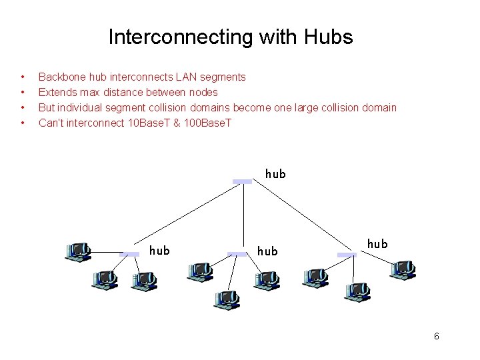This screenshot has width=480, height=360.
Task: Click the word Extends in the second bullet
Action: click(x=56, y=92)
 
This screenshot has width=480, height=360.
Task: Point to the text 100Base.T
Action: click(x=207, y=123)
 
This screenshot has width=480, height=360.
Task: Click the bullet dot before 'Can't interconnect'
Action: click(x=23, y=123)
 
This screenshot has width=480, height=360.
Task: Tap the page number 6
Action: click(x=436, y=336)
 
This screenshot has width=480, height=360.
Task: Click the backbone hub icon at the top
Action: click(x=243, y=181)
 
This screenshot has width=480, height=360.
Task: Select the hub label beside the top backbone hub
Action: click(x=275, y=173)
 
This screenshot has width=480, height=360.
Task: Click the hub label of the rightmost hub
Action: click(x=377, y=244)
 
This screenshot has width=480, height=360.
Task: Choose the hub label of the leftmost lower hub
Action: click(x=159, y=251)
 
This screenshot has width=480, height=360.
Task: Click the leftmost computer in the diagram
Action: click(x=77, y=251)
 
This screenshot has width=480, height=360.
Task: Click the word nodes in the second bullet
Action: click(x=202, y=92)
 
